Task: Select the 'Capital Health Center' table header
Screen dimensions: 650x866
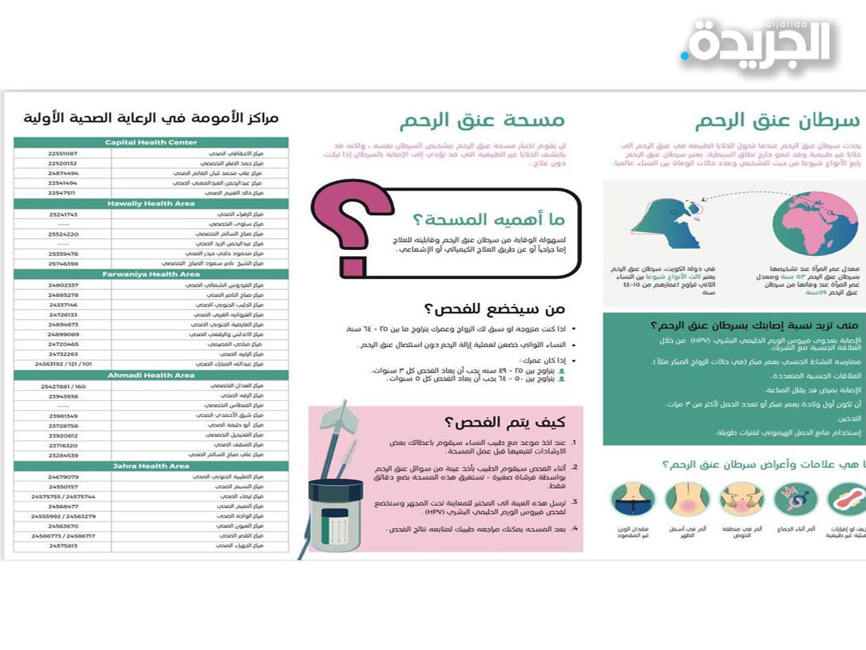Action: coord(151,143)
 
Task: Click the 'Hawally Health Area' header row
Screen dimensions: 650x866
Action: coord(151,204)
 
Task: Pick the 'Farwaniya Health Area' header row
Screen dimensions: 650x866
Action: coord(151,275)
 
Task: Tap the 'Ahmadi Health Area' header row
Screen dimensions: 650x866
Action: coord(151,376)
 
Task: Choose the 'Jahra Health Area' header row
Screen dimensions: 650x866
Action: coord(151,467)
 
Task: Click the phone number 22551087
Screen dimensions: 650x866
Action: coord(63,154)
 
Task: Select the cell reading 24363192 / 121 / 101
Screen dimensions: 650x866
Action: coord(63,364)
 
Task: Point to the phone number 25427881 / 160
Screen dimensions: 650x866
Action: coord(63,387)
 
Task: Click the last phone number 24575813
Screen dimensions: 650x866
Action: coord(63,546)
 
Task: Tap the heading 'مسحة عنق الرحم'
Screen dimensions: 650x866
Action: coord(482,121)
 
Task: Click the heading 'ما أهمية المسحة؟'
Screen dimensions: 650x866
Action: coord(488,219)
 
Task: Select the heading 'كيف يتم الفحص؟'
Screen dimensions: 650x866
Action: coord(504,422)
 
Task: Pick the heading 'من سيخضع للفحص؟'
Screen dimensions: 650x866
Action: coord(494,309)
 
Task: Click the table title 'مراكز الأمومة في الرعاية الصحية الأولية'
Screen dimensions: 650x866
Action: coord(151,118)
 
